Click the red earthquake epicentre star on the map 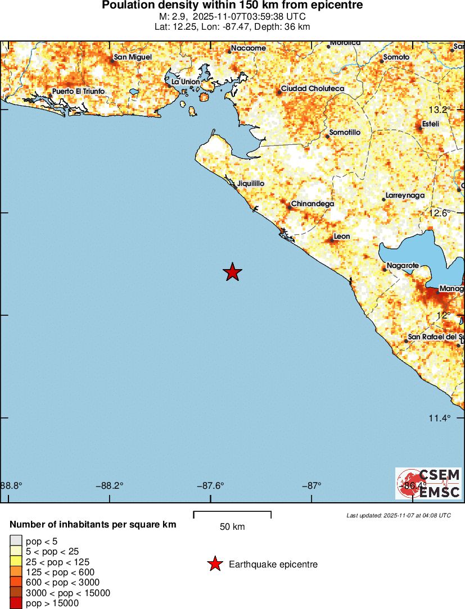point(232,272)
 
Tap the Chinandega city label point(312,204)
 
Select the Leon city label point(342,237)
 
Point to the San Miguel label point(133,57)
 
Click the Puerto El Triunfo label point(78,92)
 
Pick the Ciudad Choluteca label point(312,89)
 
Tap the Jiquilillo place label point(251,184)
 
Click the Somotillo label point(345,133)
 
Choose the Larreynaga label point(405,196)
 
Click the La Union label point(186,81)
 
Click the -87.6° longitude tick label point(211,486)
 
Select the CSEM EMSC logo point(428,484)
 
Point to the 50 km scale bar point(232,515)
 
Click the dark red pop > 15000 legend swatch point(16,603)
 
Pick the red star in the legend point(214,565)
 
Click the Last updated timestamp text point(399,515)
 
